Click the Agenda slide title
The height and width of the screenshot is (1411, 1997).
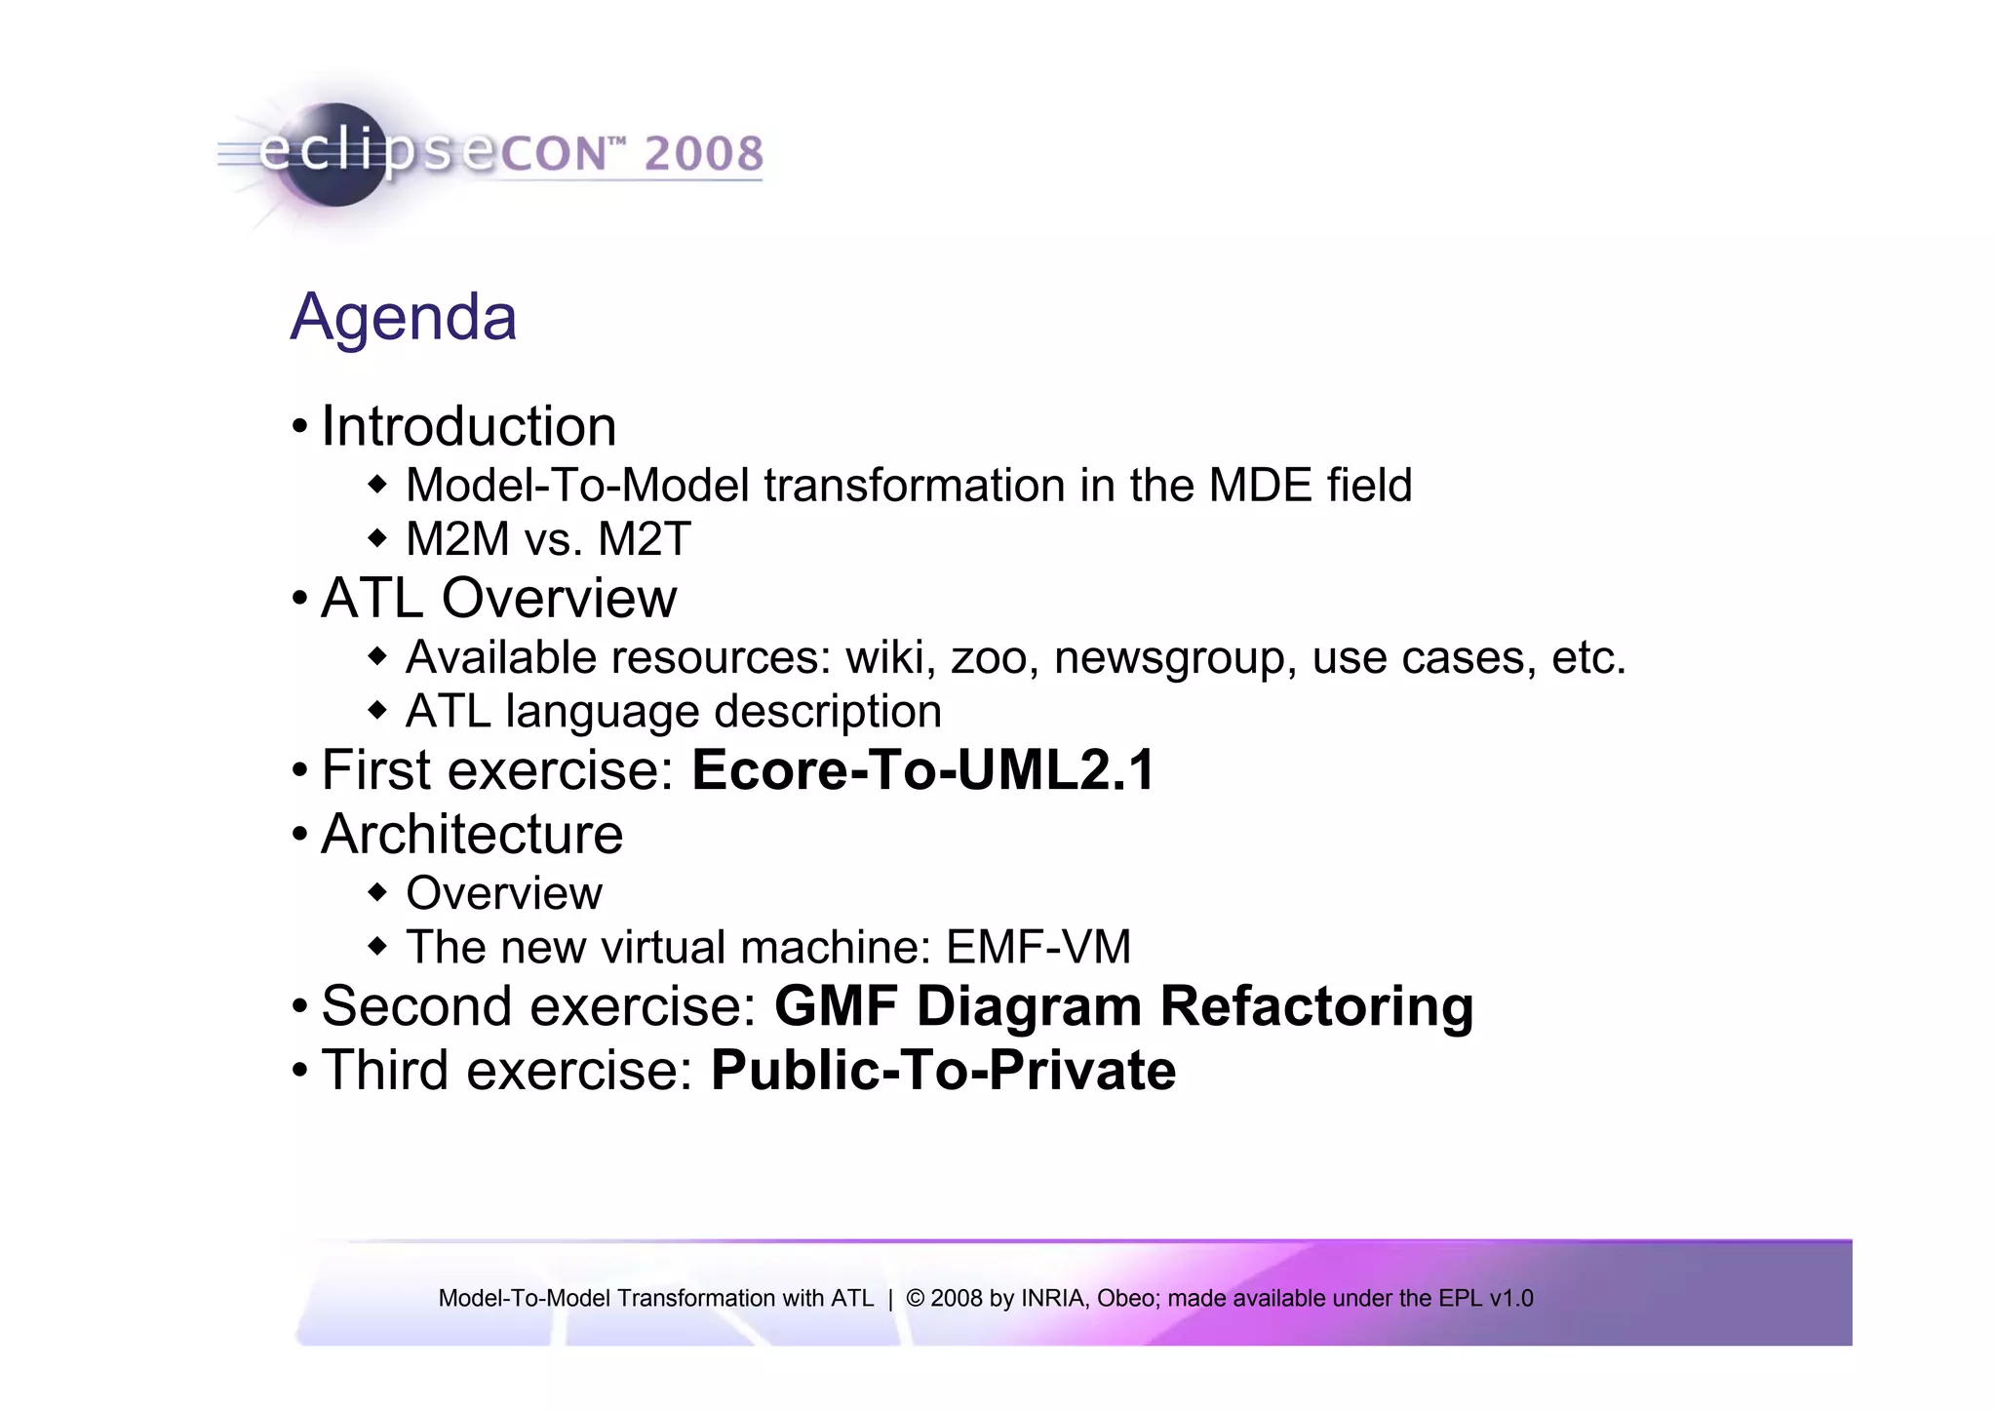403,317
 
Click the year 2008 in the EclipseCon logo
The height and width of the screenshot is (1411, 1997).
703,154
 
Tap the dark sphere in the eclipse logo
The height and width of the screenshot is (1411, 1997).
336,156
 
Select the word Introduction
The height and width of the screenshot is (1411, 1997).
468,426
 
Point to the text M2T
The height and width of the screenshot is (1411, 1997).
645,539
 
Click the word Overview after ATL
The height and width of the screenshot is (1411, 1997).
559,598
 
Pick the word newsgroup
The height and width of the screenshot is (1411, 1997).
1175,657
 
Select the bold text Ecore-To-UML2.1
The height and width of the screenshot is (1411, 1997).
922,769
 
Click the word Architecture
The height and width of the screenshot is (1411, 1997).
472,834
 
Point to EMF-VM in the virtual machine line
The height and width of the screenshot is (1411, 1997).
1038,947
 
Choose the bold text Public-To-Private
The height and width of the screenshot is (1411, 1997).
943,1070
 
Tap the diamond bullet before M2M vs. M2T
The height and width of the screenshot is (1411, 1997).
377,537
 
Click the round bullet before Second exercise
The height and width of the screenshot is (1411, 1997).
300,1005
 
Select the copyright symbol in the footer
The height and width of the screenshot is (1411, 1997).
915,1298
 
